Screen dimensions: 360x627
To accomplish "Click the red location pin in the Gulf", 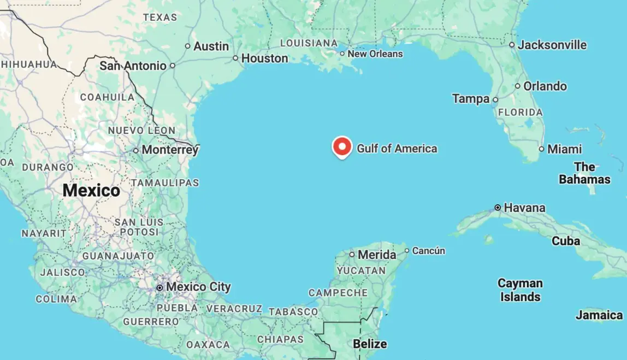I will [342, 146].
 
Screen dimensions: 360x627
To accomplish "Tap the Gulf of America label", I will [397, 149].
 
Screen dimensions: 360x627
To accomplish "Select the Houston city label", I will [264, 58].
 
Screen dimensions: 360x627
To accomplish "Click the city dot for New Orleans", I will [342, 54].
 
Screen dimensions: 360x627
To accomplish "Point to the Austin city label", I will [211, 46].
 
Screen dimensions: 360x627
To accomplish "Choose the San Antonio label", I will [133, 66].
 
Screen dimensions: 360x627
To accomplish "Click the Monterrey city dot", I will [135, 150].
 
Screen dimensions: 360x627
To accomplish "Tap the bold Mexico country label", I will [91, 190].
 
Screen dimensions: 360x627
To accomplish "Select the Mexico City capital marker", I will [159, 287].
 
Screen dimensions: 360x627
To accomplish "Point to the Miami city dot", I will [541, 149].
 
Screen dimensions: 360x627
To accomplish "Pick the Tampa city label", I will [471, 99].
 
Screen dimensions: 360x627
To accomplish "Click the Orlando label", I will [545, 86].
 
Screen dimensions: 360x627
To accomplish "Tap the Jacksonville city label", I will [552, 45].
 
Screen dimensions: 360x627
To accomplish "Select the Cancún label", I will [429, 251].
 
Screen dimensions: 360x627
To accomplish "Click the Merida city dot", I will [352, 255].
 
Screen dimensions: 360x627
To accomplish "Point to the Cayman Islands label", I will [520, 290].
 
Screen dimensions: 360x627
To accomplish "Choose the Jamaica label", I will [599, 315].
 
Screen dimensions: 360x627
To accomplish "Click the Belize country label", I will [370, 344].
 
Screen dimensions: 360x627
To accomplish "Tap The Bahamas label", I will [584, 173].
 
